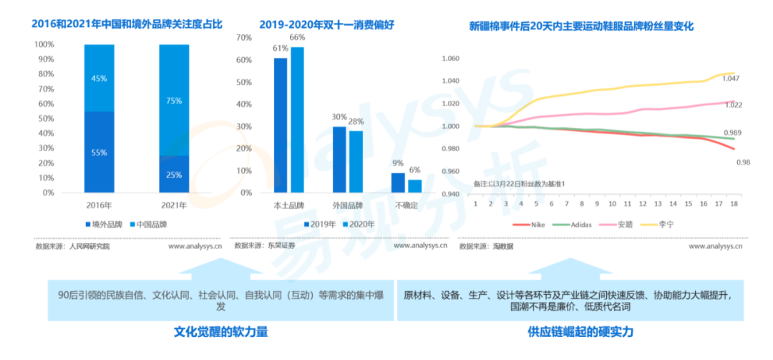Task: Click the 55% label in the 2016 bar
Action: [99, 152]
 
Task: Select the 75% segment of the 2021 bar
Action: [174, 101]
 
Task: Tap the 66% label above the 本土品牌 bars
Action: [297, 37]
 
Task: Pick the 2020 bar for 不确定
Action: [414, 186]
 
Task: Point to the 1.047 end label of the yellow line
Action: [731, 79]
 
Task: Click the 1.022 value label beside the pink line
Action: [734, 105]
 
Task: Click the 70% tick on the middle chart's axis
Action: [243, 37]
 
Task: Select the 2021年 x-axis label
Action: [173, 205]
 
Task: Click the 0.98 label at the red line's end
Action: [742, 162]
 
